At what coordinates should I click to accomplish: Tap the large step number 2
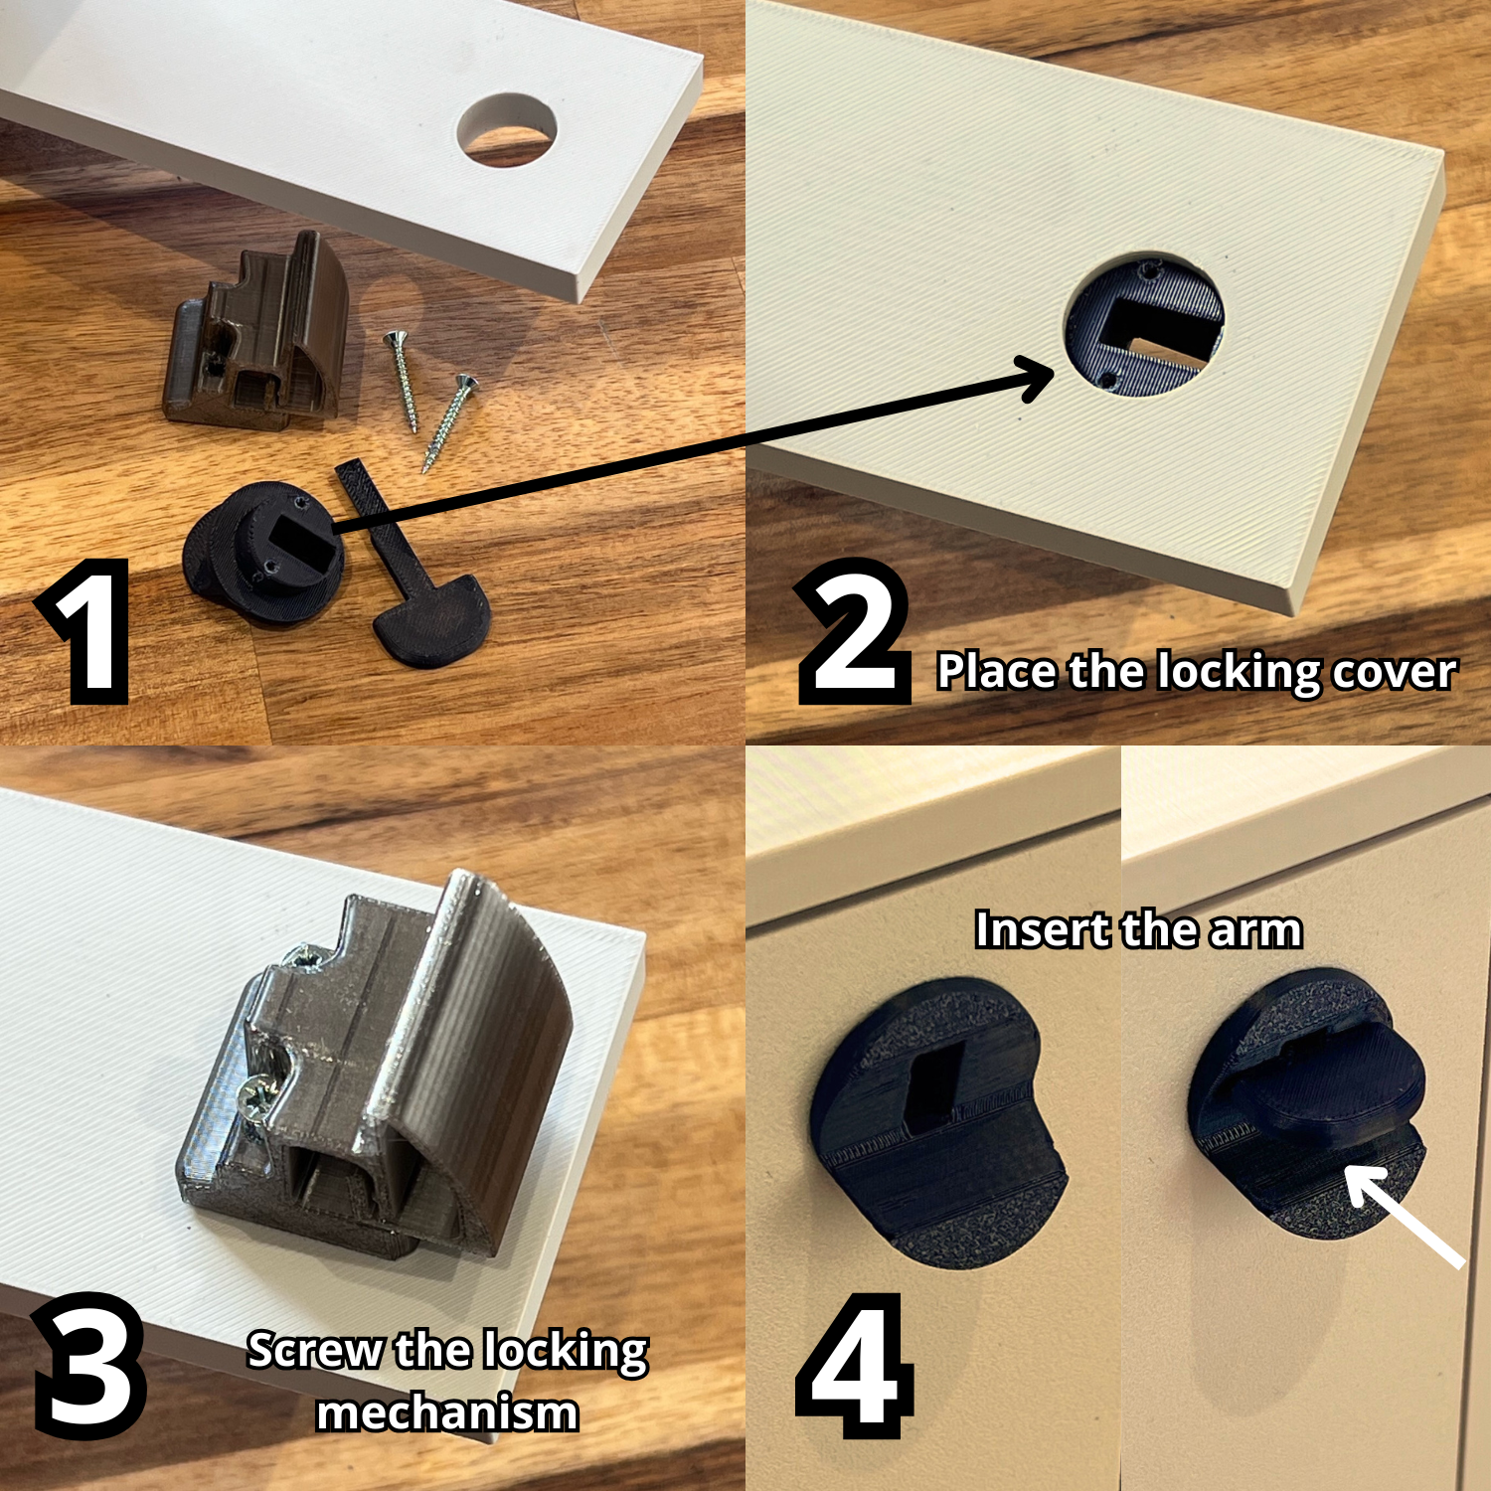tap(855, 631)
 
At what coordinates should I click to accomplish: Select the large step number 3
tap(89, 1367)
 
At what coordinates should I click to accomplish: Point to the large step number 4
tap(855, 1367)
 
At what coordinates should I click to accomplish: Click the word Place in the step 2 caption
tap(997, 672)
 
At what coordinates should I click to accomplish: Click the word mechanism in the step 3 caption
tap(447, 1412)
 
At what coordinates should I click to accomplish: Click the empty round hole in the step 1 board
tap(506, 130)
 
